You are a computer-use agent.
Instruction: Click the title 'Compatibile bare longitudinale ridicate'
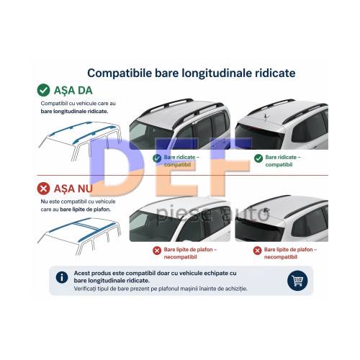[192, 73]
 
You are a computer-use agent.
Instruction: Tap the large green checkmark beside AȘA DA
[43, 90]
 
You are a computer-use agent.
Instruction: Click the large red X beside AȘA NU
[43, 189]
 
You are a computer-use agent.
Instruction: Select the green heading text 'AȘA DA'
[73, 91]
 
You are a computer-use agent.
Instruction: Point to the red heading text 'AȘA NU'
[73, 189]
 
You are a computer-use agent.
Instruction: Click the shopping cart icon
[297, 281]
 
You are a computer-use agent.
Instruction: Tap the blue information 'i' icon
[62, 277]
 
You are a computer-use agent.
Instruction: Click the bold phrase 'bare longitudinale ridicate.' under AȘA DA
[74, 112]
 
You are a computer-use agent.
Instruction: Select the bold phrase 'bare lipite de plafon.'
[85, 210]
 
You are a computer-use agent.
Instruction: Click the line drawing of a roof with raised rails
[79, 141]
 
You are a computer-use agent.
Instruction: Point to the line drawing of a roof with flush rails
[79, 236]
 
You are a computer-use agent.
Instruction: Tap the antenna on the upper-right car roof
[266, 116]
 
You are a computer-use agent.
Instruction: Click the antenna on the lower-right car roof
[266, 211]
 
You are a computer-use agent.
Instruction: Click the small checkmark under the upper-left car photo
[157, 158]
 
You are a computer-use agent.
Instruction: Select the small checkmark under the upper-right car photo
[258, 158]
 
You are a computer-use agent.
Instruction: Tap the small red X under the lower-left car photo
[157, 251]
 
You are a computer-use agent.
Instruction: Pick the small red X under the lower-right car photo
[257, 251]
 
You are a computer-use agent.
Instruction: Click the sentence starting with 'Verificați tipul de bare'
[161, 289]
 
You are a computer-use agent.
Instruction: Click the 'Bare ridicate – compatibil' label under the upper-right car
[283, 161]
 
